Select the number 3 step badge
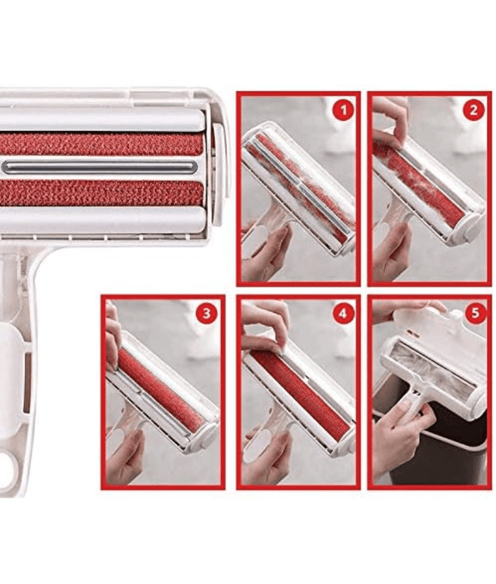[206, 314]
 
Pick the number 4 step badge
[340, 315]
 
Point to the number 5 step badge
[473, 315]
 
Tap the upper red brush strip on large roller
[100, 143]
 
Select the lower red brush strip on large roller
[100, 194]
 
